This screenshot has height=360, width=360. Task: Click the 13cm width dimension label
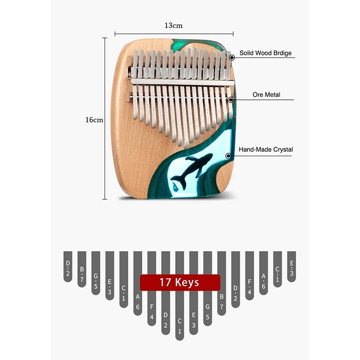pos(173,25)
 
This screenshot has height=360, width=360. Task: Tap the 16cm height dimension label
pos(94,120)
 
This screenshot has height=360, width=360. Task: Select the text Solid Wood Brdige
pos(265,53)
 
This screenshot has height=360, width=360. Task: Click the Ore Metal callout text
pos(266,94)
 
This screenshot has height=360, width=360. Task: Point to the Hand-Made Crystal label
pos(265,149)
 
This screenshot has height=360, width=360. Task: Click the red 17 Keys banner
pos(180,283)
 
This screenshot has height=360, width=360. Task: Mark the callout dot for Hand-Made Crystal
pos(229,156)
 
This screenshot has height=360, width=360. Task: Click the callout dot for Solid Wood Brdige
pos(231,58)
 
